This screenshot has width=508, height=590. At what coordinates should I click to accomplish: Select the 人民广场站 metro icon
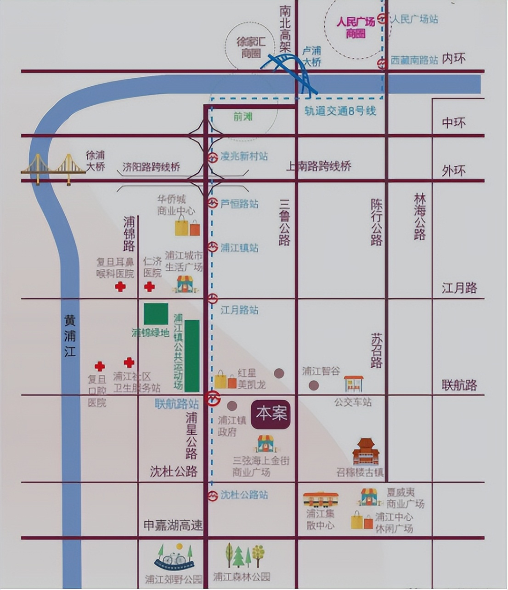tap(382, 19)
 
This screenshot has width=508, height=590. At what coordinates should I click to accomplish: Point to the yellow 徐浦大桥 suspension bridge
tap(53, 169)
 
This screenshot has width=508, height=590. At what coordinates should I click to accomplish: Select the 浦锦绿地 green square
tap(156, 314)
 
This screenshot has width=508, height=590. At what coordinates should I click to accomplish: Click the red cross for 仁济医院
tap(149, 287)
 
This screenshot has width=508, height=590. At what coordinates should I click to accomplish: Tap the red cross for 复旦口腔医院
tap(100, 366)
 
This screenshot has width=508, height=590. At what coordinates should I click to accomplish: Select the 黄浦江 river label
tap(70, 336)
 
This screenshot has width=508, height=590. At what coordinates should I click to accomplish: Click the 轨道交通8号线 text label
tap(340, 111)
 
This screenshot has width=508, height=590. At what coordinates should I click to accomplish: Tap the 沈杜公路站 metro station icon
tap(212, 496)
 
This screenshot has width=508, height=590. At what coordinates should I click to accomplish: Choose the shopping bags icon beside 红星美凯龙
tap(226, 380)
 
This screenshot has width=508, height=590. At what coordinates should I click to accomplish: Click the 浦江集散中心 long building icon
tap(321, 499)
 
